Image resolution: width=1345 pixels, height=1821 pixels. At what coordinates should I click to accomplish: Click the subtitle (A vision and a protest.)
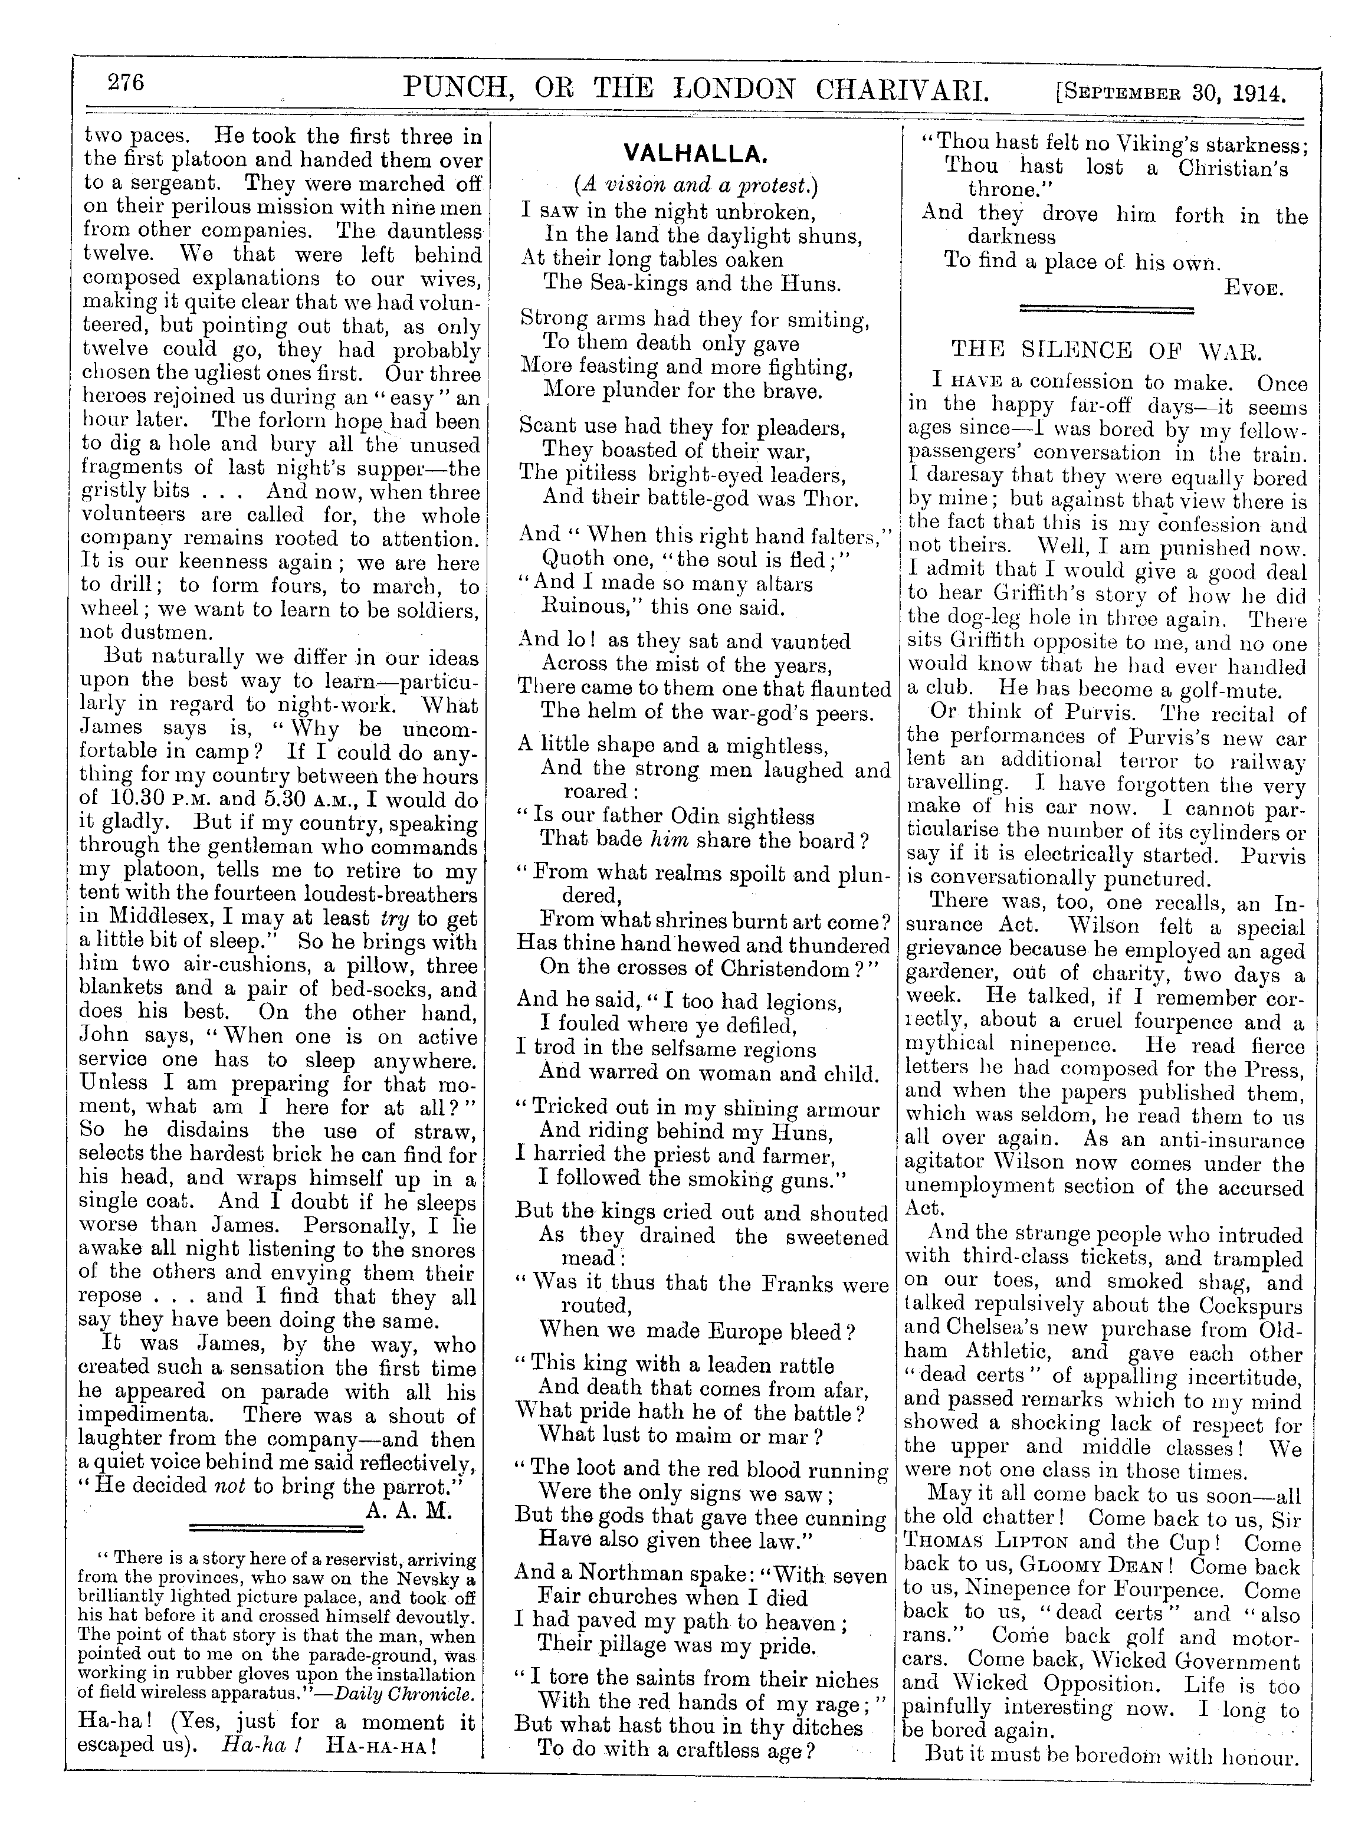(696, 185)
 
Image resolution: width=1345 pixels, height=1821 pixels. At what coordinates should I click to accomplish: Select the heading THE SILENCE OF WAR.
(1107, 351)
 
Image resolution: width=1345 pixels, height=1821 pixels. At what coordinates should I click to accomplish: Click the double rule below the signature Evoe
(1107, 309)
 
